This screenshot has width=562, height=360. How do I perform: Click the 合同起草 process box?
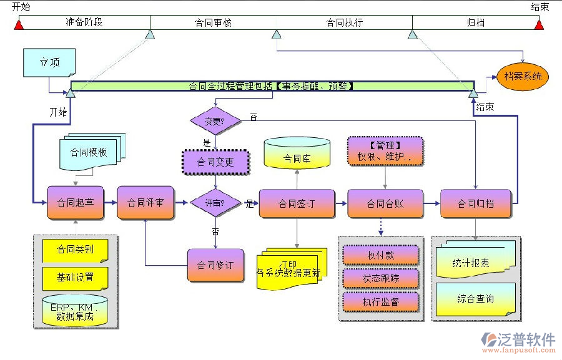[75, 203]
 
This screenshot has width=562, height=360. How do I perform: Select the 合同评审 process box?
[145, 203]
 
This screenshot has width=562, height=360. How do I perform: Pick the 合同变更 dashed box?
[215, 162]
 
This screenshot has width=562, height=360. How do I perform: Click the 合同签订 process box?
[296, 203]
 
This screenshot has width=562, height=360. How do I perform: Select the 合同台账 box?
[385, 203]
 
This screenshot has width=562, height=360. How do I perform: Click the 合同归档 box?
[476, 203]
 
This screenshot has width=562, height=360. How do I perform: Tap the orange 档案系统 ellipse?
[523, 77]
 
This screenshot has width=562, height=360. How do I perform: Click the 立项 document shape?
[49, 63]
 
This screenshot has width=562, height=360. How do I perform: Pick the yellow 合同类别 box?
[75, 250]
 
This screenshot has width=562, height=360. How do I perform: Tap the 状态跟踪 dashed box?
[380, 278]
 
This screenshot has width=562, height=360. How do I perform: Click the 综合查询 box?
[475, 298]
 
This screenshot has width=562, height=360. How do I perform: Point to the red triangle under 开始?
[19, 24]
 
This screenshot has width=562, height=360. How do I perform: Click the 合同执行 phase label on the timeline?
[344, 22]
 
